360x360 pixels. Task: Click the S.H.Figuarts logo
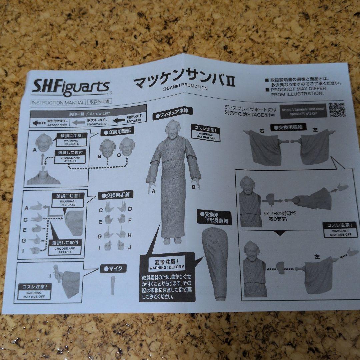(x=71, y=88)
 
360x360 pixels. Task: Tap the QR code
(x=337, y=110)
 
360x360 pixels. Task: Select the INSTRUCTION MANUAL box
(x=58, y=103)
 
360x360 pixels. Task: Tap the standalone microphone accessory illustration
(x=113, y=285)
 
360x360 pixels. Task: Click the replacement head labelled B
(x=108, y=148)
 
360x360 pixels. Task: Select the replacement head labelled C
(x=127, y=147)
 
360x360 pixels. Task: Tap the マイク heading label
(x=113, y=268)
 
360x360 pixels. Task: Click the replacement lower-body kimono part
(x=216, y=263)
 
